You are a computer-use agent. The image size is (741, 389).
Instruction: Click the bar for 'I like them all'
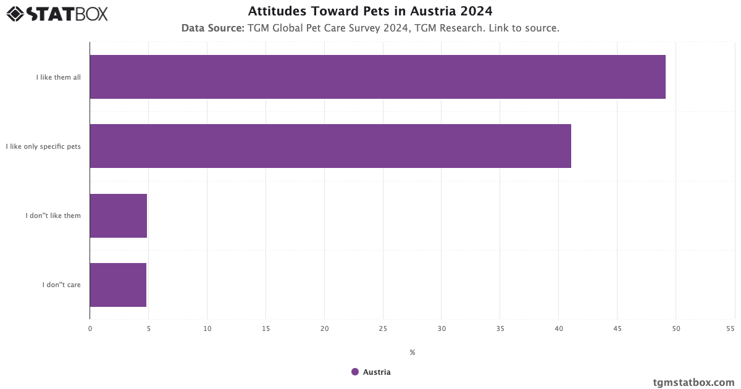(377, 77)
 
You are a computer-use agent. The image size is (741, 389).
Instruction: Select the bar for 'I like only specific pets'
(330, 146)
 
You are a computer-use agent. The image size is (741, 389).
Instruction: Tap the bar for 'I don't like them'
(119, 215)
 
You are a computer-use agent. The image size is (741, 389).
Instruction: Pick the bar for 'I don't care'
(118, 285)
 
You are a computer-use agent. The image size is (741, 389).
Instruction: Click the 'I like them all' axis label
(58, 77)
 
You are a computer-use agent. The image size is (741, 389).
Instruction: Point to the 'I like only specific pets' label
(43, 146)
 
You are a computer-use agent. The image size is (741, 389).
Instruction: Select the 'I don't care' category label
(61, 285)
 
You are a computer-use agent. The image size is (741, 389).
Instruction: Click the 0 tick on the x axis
(90, 328)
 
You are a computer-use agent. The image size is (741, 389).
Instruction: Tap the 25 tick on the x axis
(383, 328)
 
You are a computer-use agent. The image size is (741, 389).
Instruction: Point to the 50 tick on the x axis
(676, 328)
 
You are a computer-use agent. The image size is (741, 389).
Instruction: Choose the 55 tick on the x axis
(731, 328)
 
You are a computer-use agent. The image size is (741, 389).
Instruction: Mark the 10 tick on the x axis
(207, 328)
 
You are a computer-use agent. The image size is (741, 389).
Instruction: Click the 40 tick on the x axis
(559, 328)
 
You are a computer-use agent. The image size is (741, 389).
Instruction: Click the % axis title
(412, 353)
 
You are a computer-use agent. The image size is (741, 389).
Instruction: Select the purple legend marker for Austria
(355, 372)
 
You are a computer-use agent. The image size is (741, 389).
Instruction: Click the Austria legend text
(377, 372)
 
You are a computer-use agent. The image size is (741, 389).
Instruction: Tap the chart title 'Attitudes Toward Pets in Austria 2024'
(371, 11)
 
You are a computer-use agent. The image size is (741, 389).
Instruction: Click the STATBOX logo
(57, 13)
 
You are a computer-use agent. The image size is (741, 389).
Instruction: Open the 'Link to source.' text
(524, 28)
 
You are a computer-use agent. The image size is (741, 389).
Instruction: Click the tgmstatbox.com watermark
(693, 382)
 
